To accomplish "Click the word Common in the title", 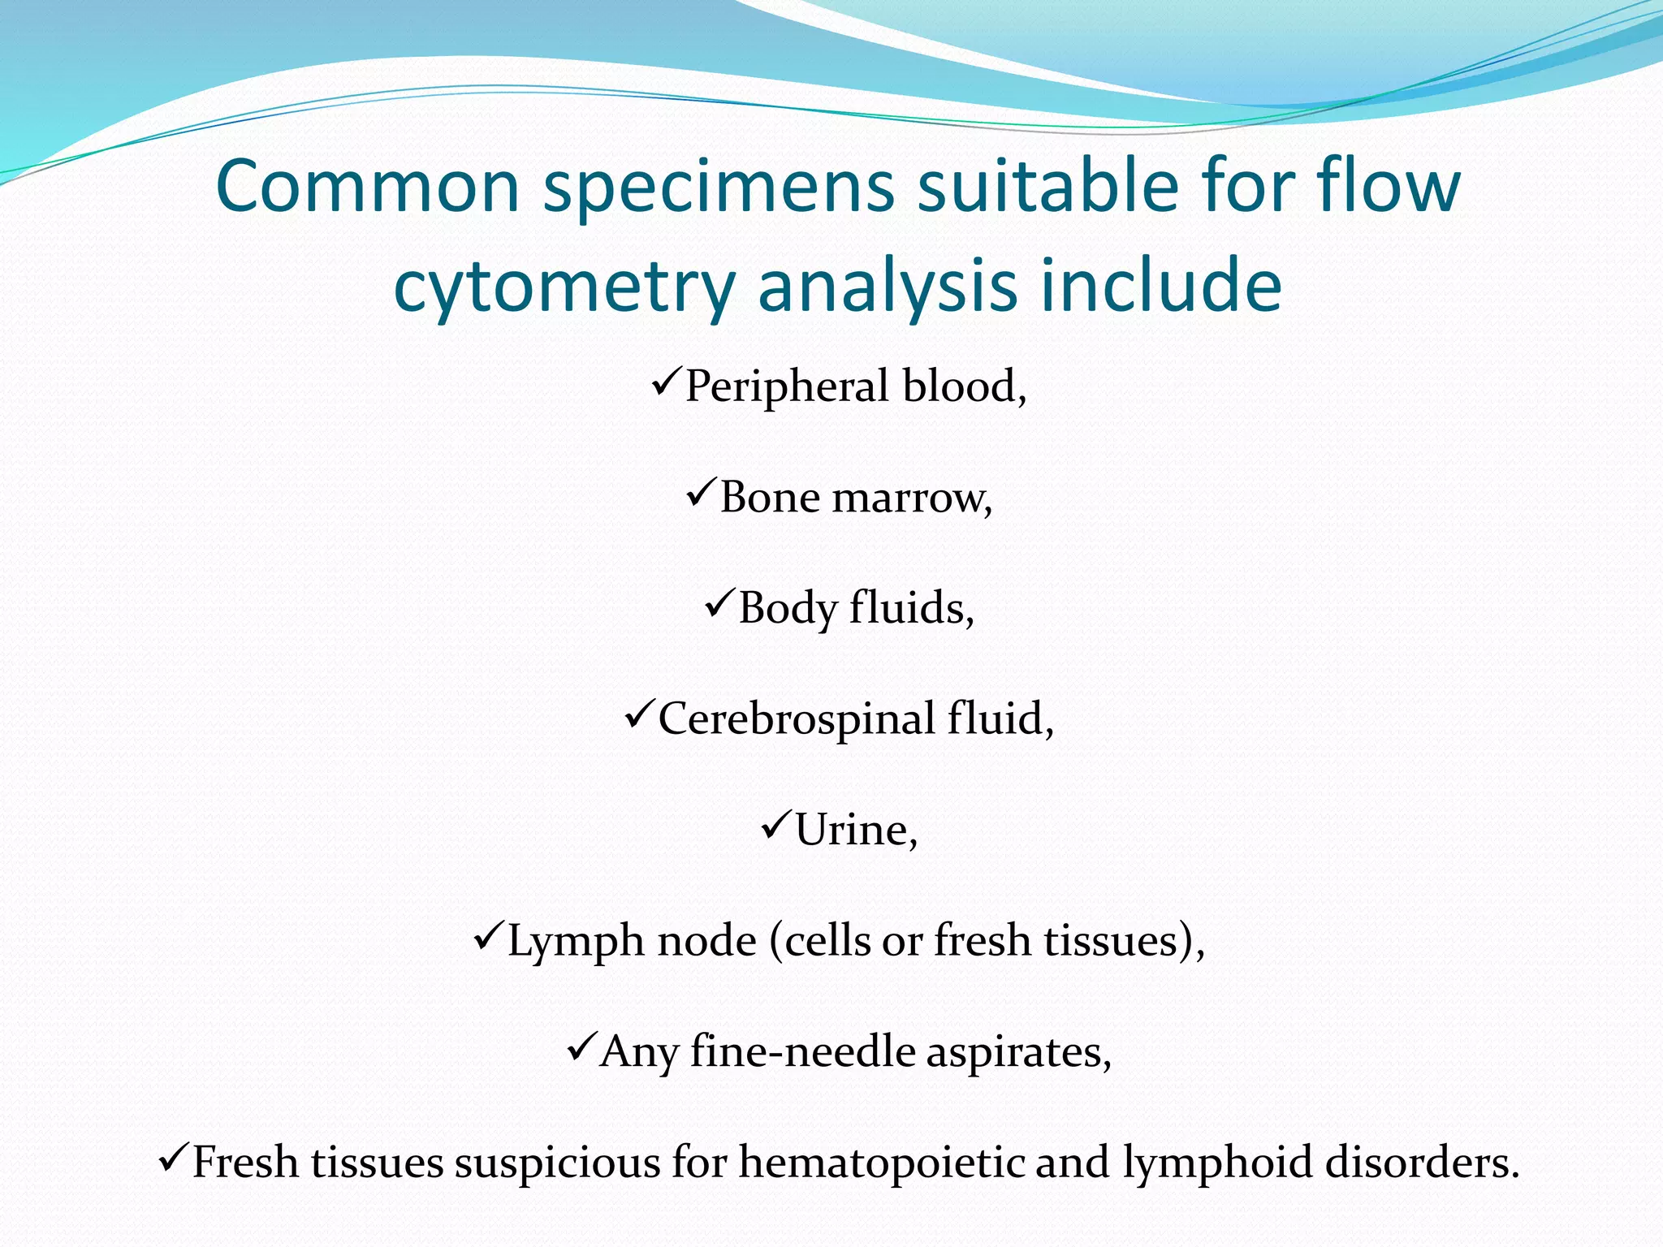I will coord(367,187).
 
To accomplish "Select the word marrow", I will coord(911,497).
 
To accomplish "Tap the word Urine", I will coord(855,830).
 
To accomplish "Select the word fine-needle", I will coord(802,1052).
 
